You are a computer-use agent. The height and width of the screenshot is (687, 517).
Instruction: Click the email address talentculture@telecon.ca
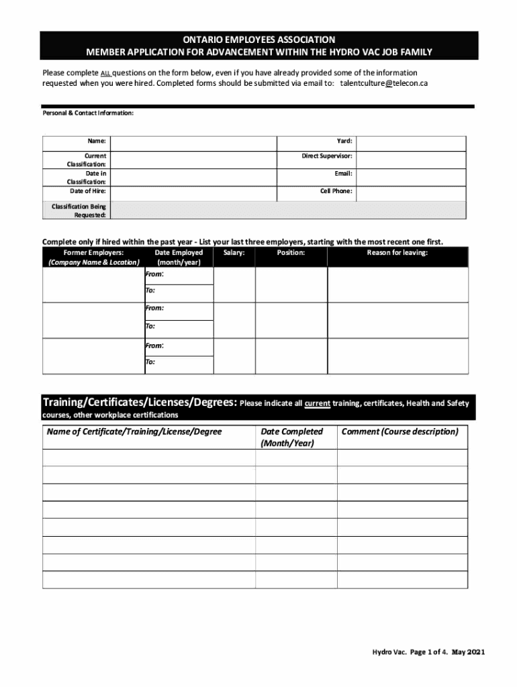[x=383, y=83]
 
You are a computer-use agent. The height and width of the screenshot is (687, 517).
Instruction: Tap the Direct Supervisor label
[x=327, y=156]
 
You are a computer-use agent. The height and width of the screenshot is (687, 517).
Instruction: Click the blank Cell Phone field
[x=410, y=191]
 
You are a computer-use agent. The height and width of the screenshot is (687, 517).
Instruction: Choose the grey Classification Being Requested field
[x=287, y=211]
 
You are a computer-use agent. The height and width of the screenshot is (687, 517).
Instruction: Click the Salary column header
[x=234, y=253]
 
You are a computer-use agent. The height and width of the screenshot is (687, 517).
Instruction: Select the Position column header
[x=291, y=253]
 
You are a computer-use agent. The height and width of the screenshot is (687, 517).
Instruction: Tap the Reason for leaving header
[x=397, y=253]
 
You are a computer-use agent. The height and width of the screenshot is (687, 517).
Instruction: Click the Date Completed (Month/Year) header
[x=291, y=437]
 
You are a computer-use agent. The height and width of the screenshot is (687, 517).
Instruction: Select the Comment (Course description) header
[x=399, y=432]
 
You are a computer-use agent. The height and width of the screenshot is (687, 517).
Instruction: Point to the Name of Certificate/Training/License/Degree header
[x=134, y=432]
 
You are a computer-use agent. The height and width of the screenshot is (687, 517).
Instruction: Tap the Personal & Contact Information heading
[x=88, y=113]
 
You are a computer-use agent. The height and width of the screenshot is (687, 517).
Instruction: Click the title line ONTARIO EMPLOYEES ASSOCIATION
[x=258, y=40]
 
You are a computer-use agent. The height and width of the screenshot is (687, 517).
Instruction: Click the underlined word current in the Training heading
[x=317, y=404]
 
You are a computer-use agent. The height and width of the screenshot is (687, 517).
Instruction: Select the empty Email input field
[x=410, y=173]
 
